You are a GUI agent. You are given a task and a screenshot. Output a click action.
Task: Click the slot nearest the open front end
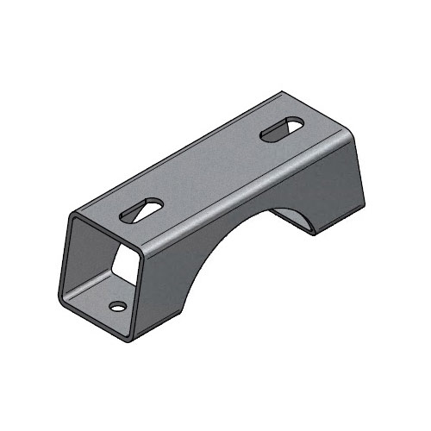(x=142, y=210)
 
